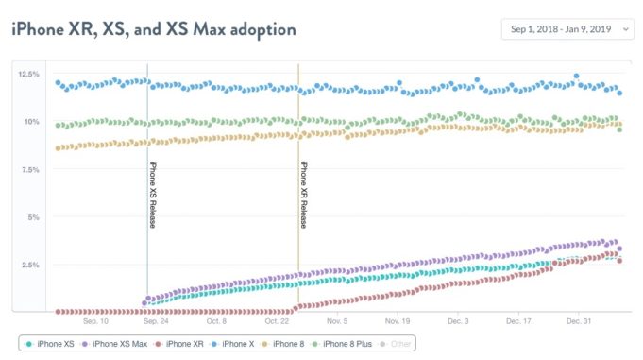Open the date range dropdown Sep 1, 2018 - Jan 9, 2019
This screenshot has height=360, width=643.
[x=567, y=30]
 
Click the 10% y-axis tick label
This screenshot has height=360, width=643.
[x=30, y=122]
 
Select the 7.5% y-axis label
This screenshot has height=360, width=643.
[x=28, y=170]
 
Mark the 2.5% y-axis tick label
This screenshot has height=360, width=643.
[x=28, y=266]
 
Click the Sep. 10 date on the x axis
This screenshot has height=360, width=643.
[x=95, y=321]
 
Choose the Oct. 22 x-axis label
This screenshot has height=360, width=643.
[x=276, y=321]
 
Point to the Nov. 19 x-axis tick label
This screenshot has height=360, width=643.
[x=397, y=321]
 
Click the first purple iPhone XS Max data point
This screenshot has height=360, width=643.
[x=144, y=303]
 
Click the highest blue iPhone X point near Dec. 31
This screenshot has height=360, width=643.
[x=576, y=76]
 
